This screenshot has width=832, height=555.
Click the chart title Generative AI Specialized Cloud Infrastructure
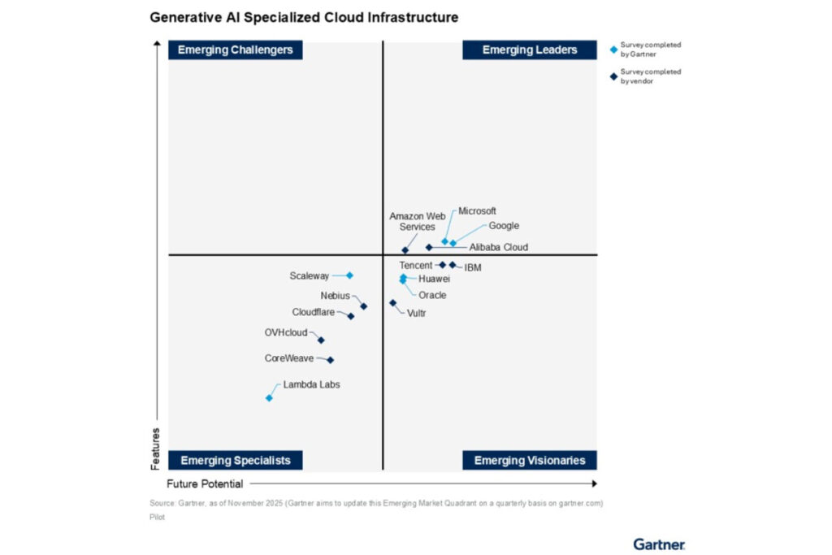coord(304,16)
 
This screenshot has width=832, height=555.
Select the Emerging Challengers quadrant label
coord(235,50)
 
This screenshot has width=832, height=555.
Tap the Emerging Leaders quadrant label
coord(530,50)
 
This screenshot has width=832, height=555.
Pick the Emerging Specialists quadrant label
coord(235,460)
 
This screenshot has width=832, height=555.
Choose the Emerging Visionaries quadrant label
coord(530,460)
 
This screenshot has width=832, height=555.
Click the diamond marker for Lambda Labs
coord(269,397)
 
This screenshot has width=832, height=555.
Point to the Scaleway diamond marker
coord(349,275)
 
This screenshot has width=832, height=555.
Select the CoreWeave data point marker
coord(330,360)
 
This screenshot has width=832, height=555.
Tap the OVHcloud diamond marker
coord(321,340)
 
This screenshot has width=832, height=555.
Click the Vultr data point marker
coord(393,303)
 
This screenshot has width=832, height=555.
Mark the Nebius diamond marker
coord(363,306)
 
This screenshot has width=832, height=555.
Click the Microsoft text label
coord(477,211)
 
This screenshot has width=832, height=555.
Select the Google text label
coord(504,226)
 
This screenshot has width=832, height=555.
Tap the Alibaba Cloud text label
coord(498,247)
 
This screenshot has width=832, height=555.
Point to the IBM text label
coord(473,267)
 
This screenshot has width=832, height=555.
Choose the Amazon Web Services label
coord(417,221)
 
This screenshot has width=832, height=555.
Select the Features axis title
coord(155,449)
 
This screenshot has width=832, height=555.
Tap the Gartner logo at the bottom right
coord(659,544)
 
